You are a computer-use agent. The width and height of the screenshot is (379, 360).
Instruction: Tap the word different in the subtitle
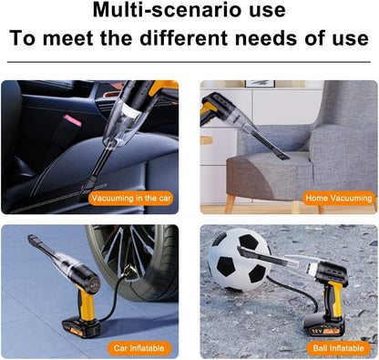click(183, 38)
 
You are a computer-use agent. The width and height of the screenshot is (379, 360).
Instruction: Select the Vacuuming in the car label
click(131, 199)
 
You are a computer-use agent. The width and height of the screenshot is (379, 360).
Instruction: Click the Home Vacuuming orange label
click(339, 199)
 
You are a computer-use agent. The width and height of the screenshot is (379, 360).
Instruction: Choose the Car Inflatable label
click(139, 348)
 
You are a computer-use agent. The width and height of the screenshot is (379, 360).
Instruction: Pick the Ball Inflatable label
click(339, 348)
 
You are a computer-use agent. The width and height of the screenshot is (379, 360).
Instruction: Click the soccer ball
click(240, 260)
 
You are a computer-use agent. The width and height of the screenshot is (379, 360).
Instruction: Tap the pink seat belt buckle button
click(72, 120)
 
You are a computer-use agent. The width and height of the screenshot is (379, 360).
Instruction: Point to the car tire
click(134, 262)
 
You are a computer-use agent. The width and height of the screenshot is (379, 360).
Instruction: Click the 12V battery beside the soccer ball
click(324, 326)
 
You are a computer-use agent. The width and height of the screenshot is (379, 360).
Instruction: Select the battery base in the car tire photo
click(81, 328)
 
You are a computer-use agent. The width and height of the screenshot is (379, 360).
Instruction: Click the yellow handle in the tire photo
click(86, 303)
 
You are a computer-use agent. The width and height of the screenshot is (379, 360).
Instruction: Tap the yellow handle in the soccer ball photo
click(333, 300)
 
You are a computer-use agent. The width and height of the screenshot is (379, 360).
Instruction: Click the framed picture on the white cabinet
click(260, 84)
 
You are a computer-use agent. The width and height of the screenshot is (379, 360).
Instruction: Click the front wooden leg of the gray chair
click(230, 204)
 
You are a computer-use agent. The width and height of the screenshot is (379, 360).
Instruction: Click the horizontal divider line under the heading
click(189, 62)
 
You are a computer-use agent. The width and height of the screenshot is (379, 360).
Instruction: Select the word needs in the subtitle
click(266, 38)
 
